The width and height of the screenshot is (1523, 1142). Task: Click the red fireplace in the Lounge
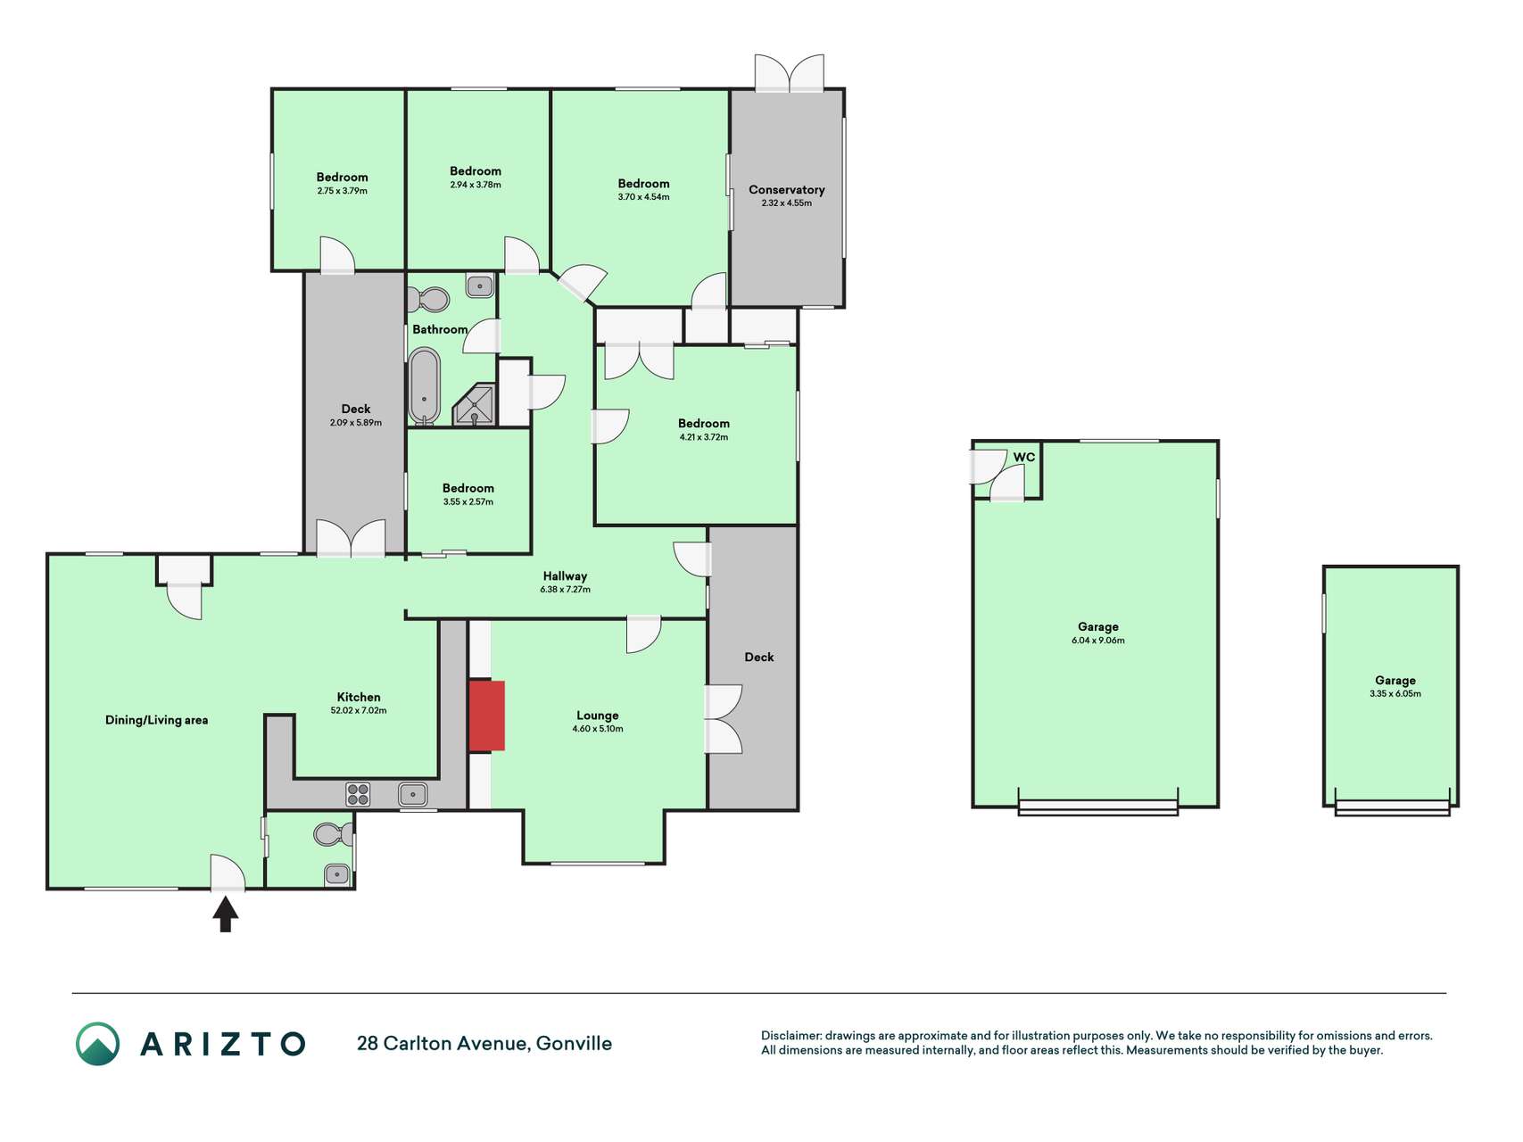tap(487, 716)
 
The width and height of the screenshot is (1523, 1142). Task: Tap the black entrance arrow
tap(226, 914)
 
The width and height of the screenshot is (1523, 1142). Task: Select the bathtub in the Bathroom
tap(425, 385)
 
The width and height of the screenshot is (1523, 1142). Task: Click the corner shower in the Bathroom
tap(475, 404)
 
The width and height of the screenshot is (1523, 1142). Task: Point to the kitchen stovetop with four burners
tap(359, 794)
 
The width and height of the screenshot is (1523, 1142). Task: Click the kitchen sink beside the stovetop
tap(413, 794)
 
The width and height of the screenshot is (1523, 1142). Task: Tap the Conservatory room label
tap(787, 190)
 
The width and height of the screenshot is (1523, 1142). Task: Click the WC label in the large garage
tap(1024, 458)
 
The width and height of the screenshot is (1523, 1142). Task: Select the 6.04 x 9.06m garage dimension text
tap(1098, 641)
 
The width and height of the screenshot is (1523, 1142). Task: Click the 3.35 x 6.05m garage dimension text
tap(1395, 694)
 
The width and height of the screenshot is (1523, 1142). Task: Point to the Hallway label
tap(565, 576)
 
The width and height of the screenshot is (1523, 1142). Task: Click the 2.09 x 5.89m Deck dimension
tap(356, 423)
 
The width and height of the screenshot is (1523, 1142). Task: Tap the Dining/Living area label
tap(157, 720)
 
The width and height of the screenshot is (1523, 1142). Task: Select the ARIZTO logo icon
tap(97, 1044)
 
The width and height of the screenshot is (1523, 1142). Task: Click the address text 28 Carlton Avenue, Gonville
tap(484, 1044)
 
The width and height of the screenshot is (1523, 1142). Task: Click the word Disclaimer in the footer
tap(790, 1036)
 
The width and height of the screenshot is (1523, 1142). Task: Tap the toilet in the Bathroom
tap(430, 299)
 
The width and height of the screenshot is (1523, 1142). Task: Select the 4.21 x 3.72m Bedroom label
tap(704, 437)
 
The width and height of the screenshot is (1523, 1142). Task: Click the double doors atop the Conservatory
tap(790, 73)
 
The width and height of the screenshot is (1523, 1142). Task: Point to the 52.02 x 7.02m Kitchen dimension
tap(359, 711)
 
